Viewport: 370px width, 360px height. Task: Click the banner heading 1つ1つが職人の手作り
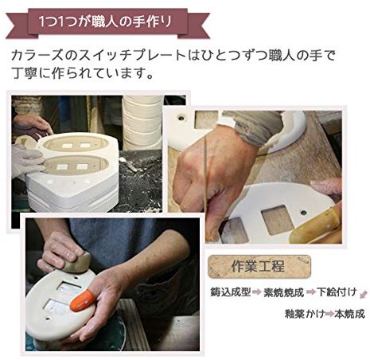pyautogui.click(x=105, y=22)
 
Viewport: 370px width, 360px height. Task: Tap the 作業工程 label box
pyautogui.click(x=259, y=266)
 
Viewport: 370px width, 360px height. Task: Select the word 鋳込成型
pyautogui.click(x=230, y=292)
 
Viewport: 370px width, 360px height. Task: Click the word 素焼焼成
pyautogui.click(x=283, y=292)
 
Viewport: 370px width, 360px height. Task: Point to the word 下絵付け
pyautogui.click(x=337, y=292)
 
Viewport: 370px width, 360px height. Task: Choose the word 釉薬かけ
pyautogui.click(x=305, y=314)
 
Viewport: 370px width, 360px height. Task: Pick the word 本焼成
pyautogui.click(x=349, y=314)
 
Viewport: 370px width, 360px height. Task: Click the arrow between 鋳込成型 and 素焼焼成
pyautogui.click(x=257, y=292)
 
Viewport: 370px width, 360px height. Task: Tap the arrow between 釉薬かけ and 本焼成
pyautogui.click(x=329, y=315)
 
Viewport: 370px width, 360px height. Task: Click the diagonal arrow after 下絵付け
pyautogui.click(x=364, y=295)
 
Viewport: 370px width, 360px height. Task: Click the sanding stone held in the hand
pyautogui.click(x=77, y=263)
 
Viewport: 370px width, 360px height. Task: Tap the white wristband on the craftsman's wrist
pyautogui.click(x=226, y=123)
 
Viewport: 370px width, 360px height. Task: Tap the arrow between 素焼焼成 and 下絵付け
pyautogui.click(x=310, y=292)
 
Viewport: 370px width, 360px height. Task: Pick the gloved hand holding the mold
pyautogui.click(x=26, y=161)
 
